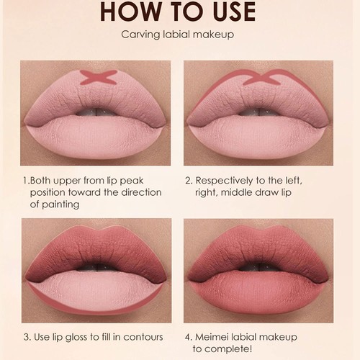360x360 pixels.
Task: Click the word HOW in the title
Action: (x=127, y=12)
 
